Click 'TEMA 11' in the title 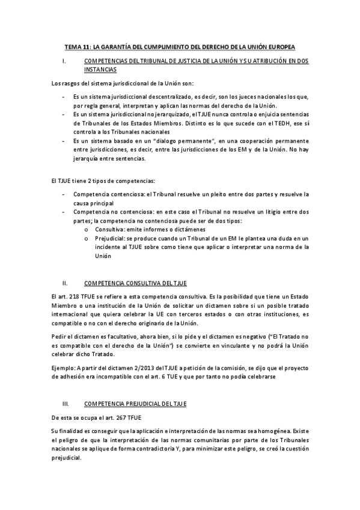coord(78,46)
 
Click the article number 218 coord(76,296)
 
